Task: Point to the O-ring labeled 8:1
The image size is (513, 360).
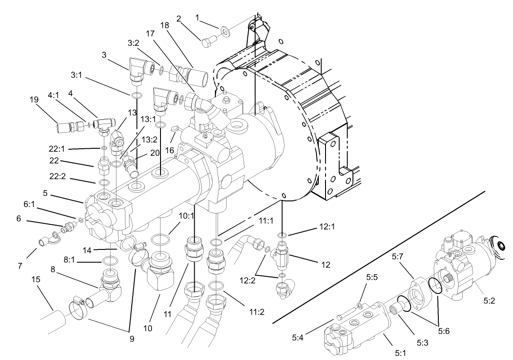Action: pos(109,260)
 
